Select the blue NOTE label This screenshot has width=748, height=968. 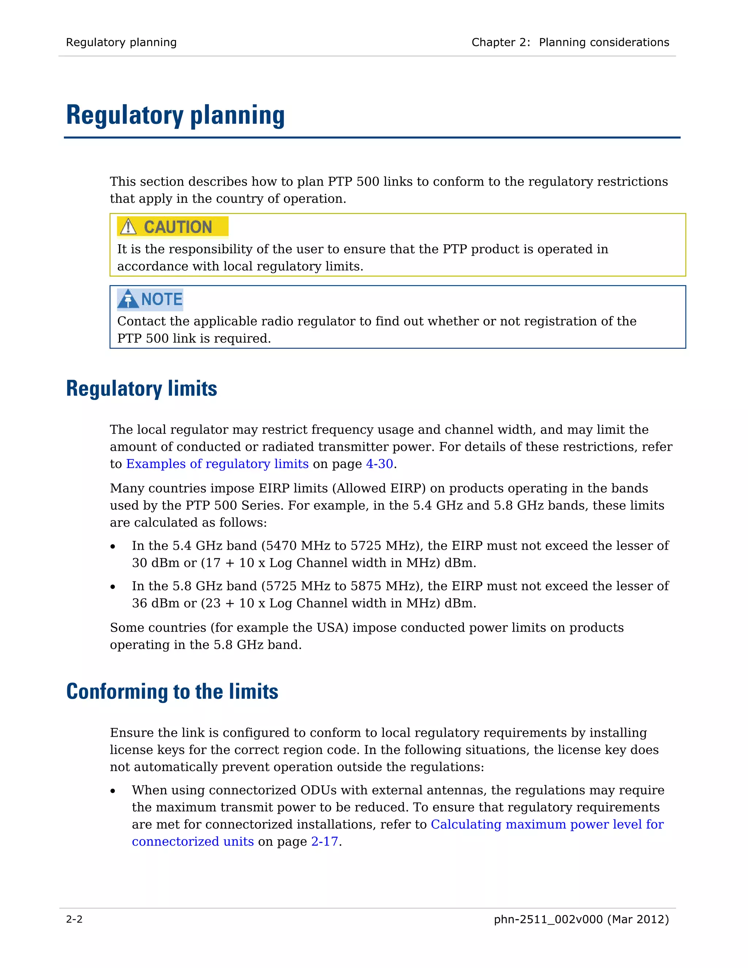pos(161,299)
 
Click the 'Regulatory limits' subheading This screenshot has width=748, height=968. pos(141,389)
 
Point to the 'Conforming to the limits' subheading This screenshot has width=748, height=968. pos(172,691)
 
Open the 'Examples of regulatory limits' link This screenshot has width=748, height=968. pos(217,464)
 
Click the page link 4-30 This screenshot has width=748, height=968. pos(379,464)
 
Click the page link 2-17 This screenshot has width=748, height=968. pos(324,841)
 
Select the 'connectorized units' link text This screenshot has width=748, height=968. pos(193,841)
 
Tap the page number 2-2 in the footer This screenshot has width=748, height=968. pos(74,919)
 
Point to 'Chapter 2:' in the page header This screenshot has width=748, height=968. pos(501,42)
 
